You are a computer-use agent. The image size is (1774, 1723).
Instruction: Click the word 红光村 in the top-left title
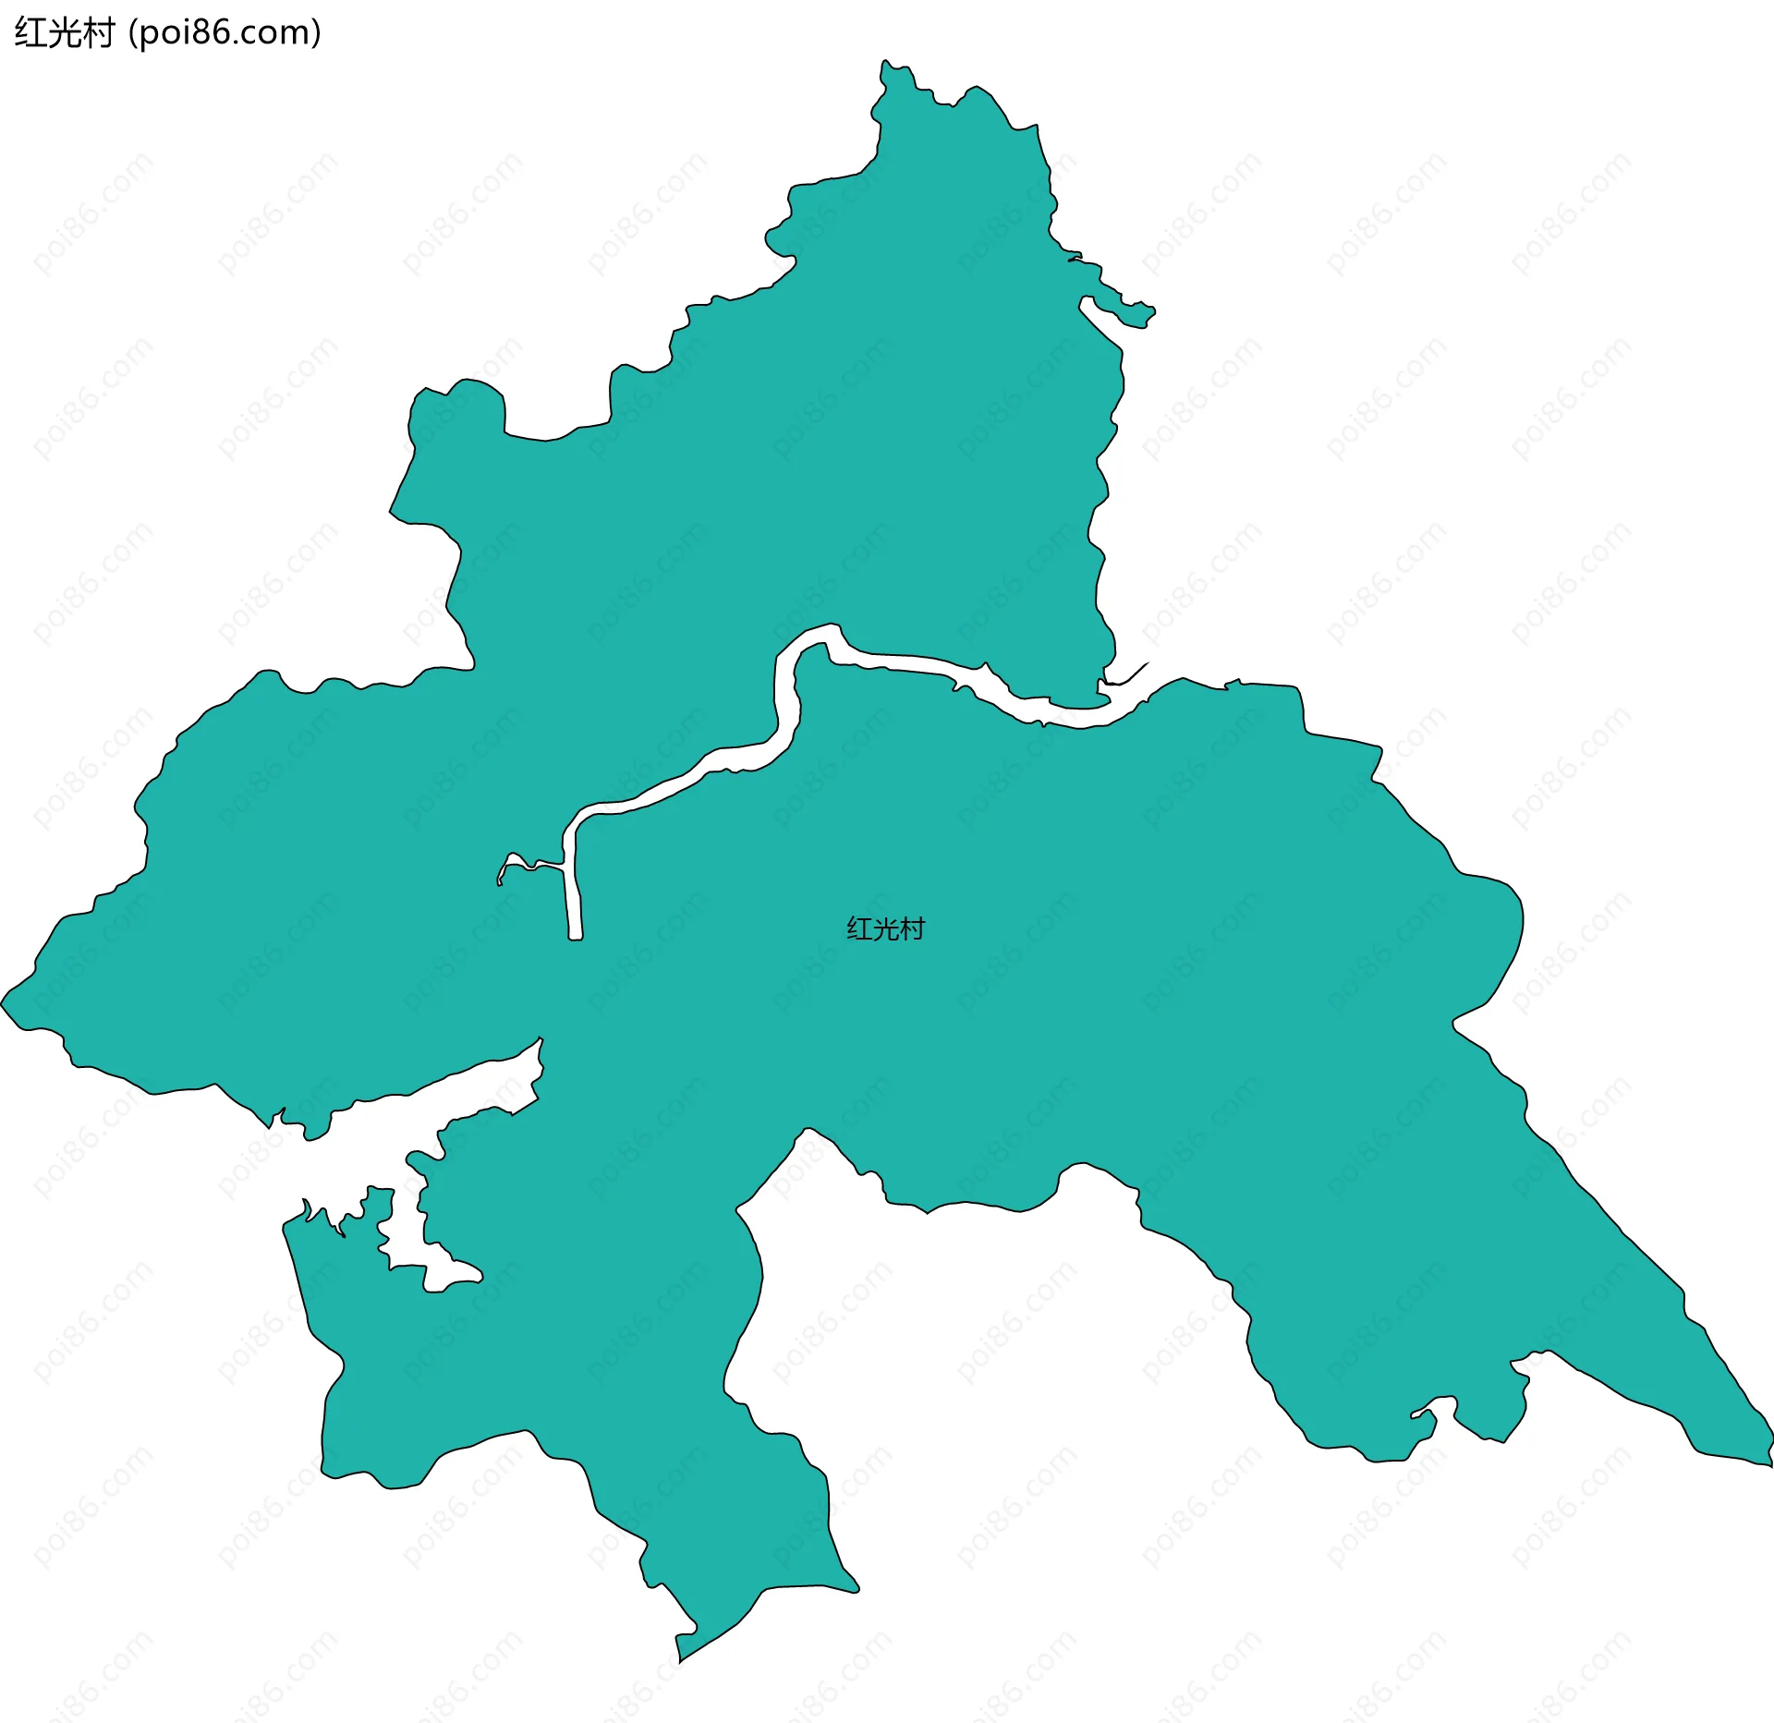(63, 33)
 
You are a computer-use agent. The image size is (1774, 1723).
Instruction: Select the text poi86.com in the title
(225, 33)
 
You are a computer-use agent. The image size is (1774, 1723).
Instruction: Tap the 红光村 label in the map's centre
(885, 928)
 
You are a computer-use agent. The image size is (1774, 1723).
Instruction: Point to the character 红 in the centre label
(859, 928)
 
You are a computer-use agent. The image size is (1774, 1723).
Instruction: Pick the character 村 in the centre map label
(912, 928)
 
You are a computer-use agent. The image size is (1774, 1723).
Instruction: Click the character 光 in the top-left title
(63, 33)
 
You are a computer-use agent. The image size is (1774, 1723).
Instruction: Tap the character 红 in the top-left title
(30, 33)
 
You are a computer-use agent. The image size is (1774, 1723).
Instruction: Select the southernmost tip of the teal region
(680, 1661)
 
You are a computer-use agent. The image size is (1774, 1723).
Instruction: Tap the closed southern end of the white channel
(576, 937)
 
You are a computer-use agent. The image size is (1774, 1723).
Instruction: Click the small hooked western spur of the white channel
(504, 868)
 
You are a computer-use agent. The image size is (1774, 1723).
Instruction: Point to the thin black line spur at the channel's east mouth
(1132, 675)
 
